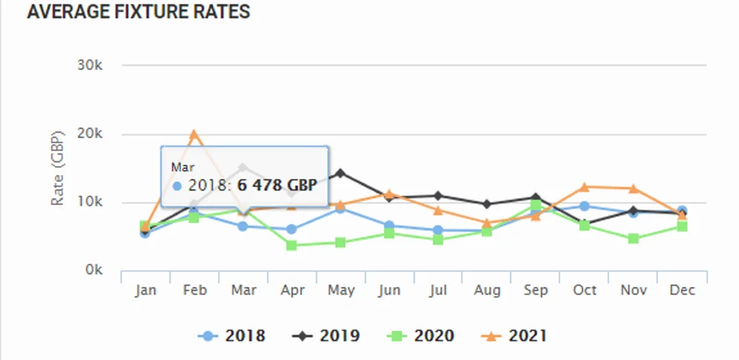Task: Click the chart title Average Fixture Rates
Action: click(138, 13)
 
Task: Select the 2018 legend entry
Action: click(231, 336)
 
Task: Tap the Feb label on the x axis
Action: click(194, 291)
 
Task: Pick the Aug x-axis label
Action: click(487, 291)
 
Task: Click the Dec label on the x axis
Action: click(682, 291)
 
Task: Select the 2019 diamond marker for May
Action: click(341, 174)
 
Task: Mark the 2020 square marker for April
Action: click(292, 245)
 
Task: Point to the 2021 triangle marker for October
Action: click(585, 187)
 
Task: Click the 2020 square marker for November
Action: click(633, 239)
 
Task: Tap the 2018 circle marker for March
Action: click(243, 226)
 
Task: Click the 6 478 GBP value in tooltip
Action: click(277, 185)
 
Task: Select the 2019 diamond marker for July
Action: click(438, 196)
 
